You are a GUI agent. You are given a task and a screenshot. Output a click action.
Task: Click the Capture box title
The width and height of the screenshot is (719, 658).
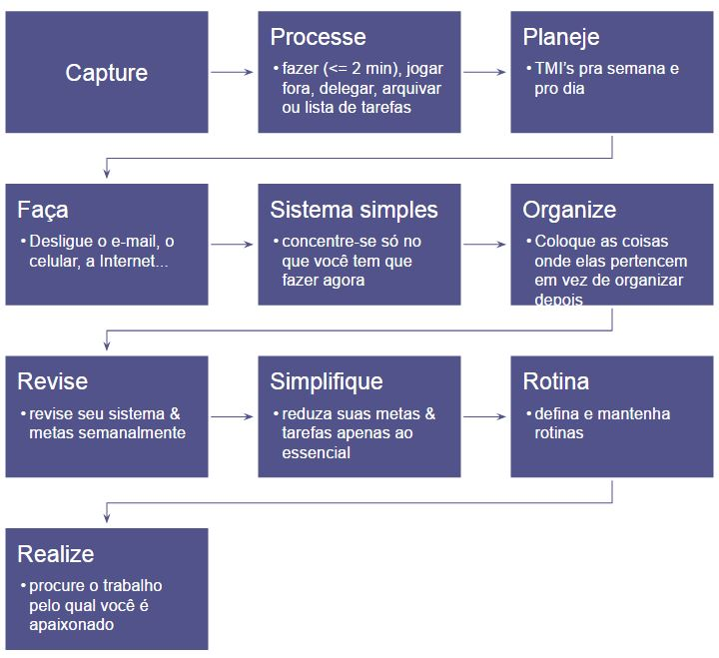pos(106,73)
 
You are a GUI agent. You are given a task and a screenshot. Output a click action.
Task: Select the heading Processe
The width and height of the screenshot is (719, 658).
pos(318,37)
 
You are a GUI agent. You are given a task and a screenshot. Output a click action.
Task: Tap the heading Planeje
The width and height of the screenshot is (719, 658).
pos(561,37)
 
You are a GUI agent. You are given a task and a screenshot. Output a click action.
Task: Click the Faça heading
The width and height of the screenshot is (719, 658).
pos(43,210)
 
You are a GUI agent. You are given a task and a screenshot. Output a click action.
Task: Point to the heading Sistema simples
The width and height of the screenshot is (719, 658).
pos(354,210)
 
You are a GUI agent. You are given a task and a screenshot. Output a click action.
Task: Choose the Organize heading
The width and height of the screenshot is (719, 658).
pos(569,210)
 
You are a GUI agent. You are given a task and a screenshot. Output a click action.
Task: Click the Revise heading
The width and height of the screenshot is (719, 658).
pos(52,381)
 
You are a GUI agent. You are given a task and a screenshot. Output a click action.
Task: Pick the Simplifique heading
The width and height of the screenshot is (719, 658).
pos(327,381)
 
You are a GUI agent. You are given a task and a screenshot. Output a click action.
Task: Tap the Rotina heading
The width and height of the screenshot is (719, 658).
pos(556,381)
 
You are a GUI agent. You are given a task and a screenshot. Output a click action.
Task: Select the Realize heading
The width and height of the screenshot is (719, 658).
pos(56,554)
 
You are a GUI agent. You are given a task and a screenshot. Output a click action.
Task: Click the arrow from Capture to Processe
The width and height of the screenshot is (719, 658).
pos(233,72)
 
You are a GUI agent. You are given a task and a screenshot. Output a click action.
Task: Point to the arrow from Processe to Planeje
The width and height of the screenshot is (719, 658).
pos(485,72)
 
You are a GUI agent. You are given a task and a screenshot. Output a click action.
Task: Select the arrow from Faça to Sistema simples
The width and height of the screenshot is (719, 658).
pos(233,244)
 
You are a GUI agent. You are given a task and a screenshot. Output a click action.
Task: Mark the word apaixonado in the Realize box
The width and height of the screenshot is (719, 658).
pos(72,625)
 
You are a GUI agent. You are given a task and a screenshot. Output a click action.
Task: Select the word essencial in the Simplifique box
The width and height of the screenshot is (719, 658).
pos(318,452)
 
